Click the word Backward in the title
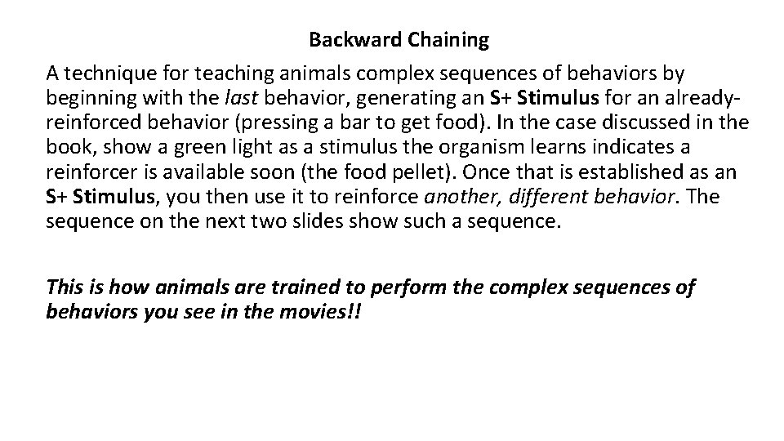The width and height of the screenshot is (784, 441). click(x=345, y=38)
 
